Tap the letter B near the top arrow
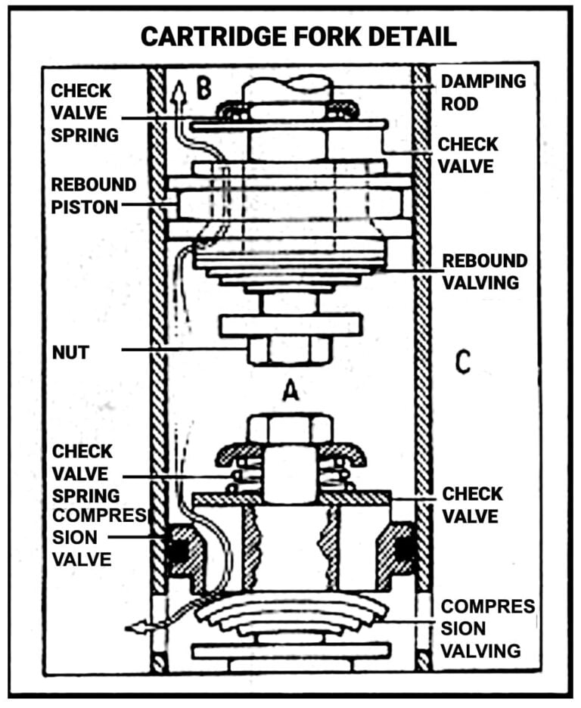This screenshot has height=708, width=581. tap(202, 88)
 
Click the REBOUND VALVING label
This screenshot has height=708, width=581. tap(484, 272)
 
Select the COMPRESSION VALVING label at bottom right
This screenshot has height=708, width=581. tap(488, 628)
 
